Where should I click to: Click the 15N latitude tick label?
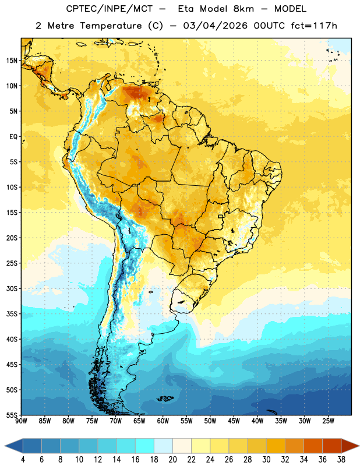[12, 61]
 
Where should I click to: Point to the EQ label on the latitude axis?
[13, 137]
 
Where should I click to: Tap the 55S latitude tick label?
[12, 415]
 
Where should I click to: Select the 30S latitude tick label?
[12, 288]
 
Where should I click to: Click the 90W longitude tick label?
[21, 421]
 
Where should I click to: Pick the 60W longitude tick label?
[163, 421]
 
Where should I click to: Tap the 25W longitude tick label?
[328, 421]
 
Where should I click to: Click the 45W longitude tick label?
[234, 421]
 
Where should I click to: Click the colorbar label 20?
[172, 460]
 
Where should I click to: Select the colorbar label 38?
[341, 460]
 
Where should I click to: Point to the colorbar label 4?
[23, 460]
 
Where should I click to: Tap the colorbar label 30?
[266, 460]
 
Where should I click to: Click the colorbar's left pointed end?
[5, 446]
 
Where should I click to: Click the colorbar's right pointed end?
[359, 446]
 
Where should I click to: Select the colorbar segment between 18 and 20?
[164, 446]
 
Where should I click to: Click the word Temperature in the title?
[111, 26]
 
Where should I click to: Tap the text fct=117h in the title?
[314, 26]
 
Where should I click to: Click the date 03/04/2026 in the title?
[215, 26]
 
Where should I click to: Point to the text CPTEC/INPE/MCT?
[110, 9]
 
